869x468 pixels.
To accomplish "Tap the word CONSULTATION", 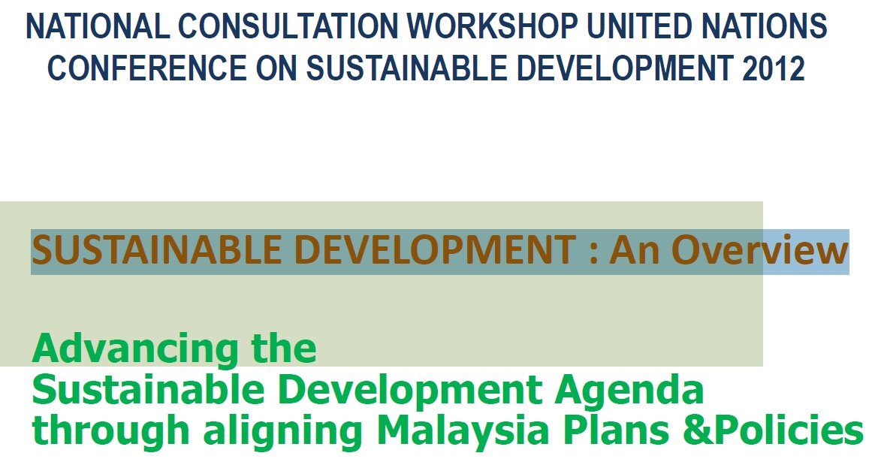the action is [288, 26].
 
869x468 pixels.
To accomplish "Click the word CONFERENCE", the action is [147, 68].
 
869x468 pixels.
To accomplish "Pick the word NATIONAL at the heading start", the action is [98, 26].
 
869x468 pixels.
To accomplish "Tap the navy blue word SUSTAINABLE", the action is [407, 68].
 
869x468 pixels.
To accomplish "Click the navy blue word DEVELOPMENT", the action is [625, 68].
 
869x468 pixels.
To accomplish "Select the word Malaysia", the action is [463, 430].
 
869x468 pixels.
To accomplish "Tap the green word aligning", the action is [282, 431].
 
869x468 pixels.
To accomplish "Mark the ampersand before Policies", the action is [699, 431].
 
